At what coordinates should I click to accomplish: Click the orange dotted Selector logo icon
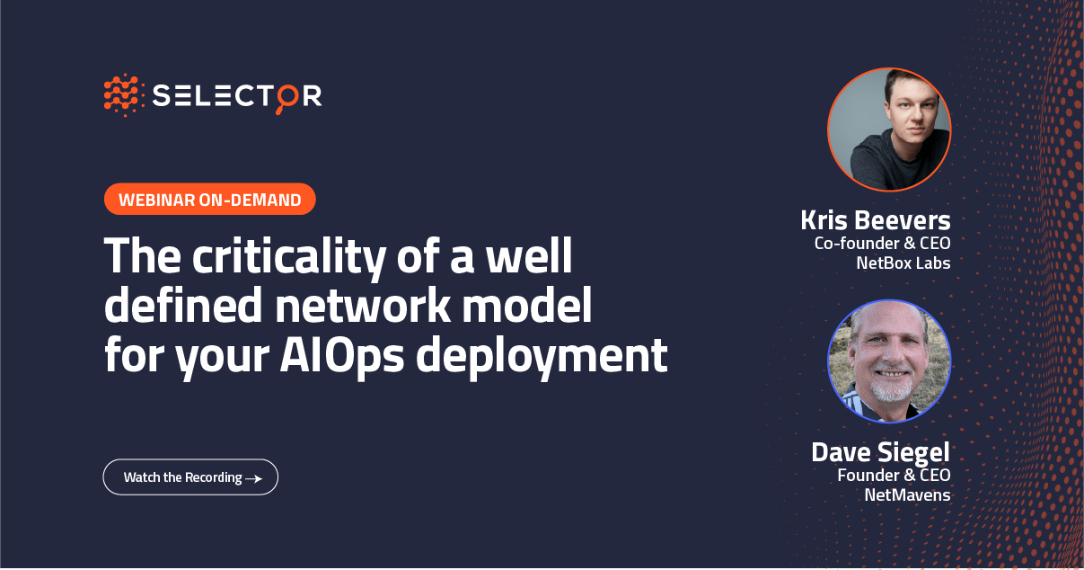(124, 94)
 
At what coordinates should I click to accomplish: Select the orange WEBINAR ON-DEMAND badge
(210, 200)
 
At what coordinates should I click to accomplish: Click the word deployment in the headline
(542, 356)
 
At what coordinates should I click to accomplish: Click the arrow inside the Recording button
(254, 478)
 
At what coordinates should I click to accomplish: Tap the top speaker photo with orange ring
(888, 129)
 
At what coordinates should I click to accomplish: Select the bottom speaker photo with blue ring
(888, 361)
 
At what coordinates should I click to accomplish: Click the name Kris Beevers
(875, 220)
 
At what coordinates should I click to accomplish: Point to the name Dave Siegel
(880, 452)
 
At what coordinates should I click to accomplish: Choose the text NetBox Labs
(903, 263)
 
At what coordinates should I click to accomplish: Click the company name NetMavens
(907, 494)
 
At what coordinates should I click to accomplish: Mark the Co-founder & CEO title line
(882, 243)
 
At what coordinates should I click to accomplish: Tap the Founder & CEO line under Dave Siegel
(894, 475)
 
